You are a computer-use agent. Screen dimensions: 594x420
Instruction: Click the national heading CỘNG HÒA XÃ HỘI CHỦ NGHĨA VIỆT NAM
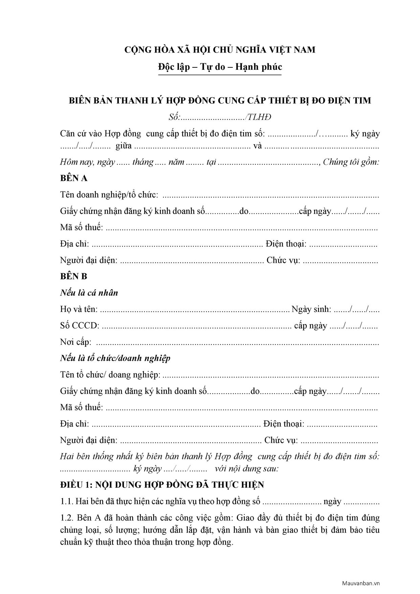(220, 50)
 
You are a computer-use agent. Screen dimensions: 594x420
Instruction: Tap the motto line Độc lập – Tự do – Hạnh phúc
(220, 67)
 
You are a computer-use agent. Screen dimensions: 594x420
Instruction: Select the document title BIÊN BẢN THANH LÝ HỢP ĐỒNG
(220, 101)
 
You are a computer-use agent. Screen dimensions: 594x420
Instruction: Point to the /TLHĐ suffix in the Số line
(259, 117)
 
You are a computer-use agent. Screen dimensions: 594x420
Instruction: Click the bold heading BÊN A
(74, 178)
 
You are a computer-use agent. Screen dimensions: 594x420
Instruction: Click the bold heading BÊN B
(74, 276)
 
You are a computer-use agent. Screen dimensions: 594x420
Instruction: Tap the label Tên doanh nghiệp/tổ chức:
(109, 195)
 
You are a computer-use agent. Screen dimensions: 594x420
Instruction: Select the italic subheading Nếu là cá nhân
(89, 293)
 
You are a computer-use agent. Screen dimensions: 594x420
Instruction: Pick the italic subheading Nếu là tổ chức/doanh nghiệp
(115, 358)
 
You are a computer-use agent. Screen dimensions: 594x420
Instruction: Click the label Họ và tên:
(79, 309)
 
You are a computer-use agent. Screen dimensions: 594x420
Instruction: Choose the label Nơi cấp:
(76, 342)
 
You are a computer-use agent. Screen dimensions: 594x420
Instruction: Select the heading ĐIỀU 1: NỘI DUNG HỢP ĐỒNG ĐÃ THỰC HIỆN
(162, 485)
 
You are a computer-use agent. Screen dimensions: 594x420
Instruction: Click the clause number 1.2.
(67, 518)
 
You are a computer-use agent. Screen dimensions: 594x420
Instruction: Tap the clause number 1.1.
(67, 502)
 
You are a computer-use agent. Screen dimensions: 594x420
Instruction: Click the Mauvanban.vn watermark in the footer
(361, 583)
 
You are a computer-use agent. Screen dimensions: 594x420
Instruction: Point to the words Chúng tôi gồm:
(351, 162)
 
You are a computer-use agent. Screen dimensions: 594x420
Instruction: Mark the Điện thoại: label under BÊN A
(286, 244)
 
